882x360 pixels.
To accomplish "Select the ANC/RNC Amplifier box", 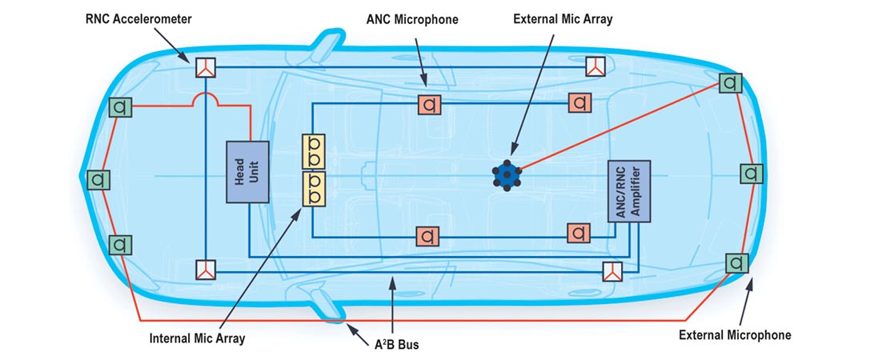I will [628, 191].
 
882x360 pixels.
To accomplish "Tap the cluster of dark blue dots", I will [507, 174].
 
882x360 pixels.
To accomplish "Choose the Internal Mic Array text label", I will [197, 338].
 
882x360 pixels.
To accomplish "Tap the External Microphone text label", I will [735, 335].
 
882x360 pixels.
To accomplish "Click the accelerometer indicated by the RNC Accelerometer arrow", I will [206, 67].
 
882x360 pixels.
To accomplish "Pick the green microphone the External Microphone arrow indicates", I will [736, 262].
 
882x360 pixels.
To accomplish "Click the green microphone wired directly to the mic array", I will [729, 82].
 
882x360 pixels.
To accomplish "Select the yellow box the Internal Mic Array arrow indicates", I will [313, 189].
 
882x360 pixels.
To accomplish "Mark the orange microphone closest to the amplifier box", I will [579, 234].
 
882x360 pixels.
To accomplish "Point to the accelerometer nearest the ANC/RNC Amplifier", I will [613, 271].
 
